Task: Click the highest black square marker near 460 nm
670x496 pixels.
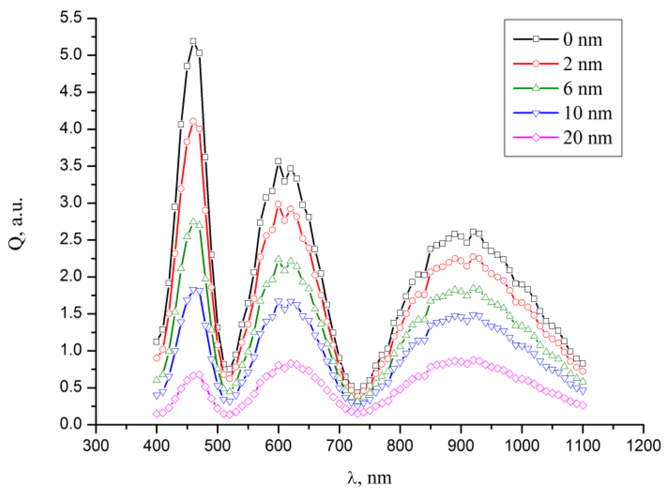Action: (193, 41)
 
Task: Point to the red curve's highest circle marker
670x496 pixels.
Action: (193, 121)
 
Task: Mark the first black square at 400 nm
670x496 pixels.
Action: (156, 342)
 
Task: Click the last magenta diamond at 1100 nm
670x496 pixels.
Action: (583, 405)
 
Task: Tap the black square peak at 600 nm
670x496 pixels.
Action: (278, 161)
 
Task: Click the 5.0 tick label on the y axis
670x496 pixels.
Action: (71, 55)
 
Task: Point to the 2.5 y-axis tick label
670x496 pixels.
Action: (71, 240)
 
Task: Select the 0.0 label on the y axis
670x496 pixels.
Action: (71, 424)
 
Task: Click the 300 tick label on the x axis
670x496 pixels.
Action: (96, 445)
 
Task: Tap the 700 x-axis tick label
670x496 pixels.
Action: (339, 445)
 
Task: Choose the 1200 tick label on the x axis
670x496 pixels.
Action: (643, 445)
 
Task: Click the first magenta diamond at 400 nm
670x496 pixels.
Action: (156, 414)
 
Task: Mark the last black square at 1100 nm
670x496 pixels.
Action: (583, 364)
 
